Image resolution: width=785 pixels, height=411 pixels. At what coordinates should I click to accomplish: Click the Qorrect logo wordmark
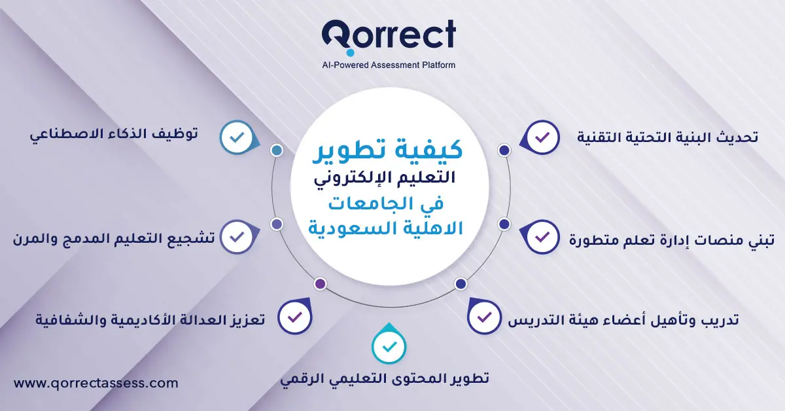pyautogui.click(x=389, y=36)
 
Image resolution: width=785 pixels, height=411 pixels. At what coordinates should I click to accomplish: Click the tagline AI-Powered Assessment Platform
pyautogui.click(x=389, y=65)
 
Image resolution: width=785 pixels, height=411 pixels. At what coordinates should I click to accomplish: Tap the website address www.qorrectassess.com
pyautogui.click(x=96, y=384)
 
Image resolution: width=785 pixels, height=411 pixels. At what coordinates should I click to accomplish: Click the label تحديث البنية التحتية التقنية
pyautogui.click(x=668, y=137)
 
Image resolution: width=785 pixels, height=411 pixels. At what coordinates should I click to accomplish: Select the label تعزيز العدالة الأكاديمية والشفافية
pyautogui.click(x=150, y=321)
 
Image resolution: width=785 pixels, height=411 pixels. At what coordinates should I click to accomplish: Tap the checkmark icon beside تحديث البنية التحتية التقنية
pyautogui.click(x=542, y=138)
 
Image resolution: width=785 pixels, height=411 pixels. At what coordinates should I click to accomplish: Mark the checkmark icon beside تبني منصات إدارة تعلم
pyautogui.click(x=542, y=237)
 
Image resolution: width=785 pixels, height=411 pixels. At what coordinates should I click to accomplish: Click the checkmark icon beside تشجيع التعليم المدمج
pyautogui.click(x=237, y=237)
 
